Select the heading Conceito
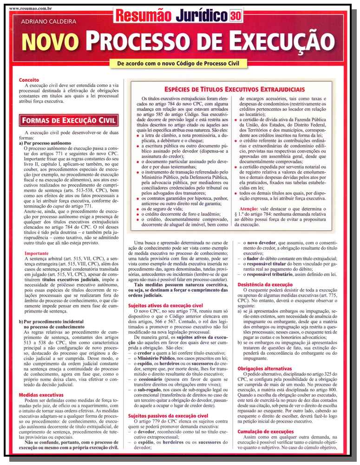[x=29, y=80]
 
